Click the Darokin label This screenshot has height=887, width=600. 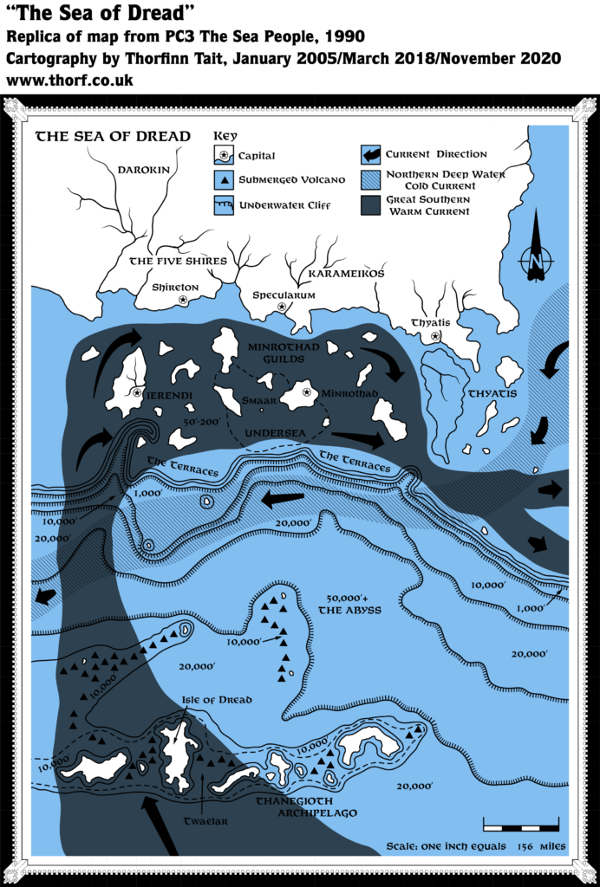[144, 170]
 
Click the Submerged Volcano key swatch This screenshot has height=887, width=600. [224, 179]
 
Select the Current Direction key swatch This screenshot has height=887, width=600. [370, 155]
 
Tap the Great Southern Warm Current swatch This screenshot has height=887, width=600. [370, 205]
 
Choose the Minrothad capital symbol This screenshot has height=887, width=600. [306, 392]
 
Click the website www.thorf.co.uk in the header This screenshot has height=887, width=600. [69, 80]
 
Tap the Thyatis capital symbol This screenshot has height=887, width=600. [435, 335]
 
